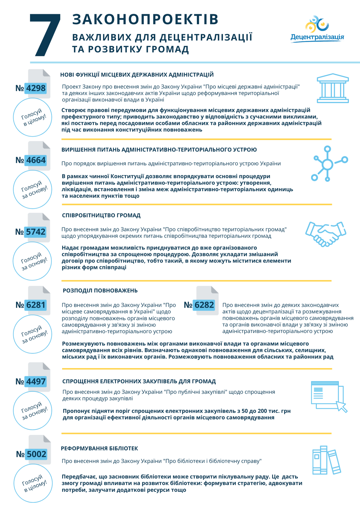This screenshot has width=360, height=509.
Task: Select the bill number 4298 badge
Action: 36,88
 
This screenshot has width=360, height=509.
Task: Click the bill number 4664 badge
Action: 36,160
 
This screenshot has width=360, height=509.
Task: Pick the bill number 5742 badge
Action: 35,232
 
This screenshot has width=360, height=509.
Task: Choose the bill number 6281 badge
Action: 36,305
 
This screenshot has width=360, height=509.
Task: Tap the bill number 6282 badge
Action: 204,305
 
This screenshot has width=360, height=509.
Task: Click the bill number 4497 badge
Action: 36,381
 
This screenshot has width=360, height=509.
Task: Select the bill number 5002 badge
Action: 36,454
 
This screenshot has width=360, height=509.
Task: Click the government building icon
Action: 333,88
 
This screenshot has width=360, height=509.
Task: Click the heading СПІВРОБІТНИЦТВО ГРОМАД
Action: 101,215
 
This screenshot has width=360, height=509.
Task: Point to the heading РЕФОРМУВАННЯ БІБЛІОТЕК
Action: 99,448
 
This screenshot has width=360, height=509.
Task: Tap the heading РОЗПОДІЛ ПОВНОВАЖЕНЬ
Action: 100,290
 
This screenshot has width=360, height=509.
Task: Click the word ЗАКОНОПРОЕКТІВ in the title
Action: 145,19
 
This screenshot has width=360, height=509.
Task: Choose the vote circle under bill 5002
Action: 33,483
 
